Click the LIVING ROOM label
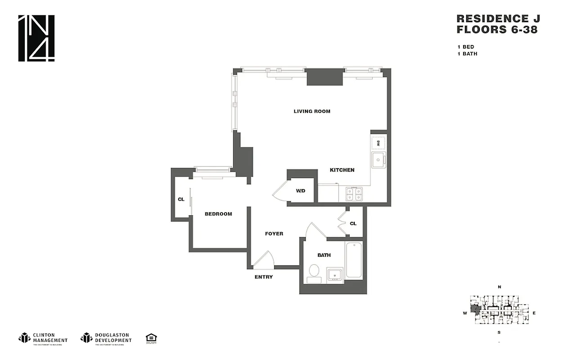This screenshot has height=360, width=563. coord(312,111)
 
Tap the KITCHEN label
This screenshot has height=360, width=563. coord(342,170)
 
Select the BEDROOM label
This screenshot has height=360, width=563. coord(218,214)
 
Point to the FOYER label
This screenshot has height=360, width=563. coord(274,234)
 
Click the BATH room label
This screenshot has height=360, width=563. coord(324,255)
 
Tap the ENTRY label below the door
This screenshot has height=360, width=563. coord(264,277)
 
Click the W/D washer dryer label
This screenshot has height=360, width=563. coord(300,191)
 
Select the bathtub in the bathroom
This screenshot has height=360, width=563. coord(354,260)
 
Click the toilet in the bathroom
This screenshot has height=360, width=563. coord(314,273)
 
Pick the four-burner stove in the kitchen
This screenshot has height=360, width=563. coord(354,194)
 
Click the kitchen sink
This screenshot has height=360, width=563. coord(378,159)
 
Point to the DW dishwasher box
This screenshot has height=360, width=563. coord(378,143)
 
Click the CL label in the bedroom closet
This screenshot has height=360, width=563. coord(181,199)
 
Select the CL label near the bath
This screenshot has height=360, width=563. coord(353,223)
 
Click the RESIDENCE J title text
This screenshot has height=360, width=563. coord(497,18)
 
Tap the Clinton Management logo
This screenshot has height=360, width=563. coord(43,338)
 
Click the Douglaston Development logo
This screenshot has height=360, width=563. coord(106,338)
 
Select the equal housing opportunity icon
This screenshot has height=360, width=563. coord(151,338)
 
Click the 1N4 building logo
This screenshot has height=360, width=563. coord(36,38)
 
